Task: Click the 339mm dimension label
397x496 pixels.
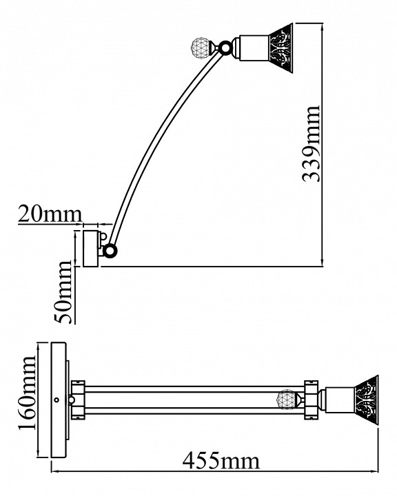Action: tap(312, 144)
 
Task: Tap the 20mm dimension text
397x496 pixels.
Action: tap(50, 214)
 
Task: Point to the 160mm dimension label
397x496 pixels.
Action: tap(27, 393)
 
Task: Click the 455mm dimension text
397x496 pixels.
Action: tap(221, 461)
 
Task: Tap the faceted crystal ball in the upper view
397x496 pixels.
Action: tap(202, 48)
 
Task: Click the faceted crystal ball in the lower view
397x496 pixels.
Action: tap(287, 400)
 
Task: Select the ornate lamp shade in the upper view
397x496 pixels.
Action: tap(281, 48)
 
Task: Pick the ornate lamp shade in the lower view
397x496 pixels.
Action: tap(367, 400)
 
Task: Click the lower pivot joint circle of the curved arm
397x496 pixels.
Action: tap(110, 251)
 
